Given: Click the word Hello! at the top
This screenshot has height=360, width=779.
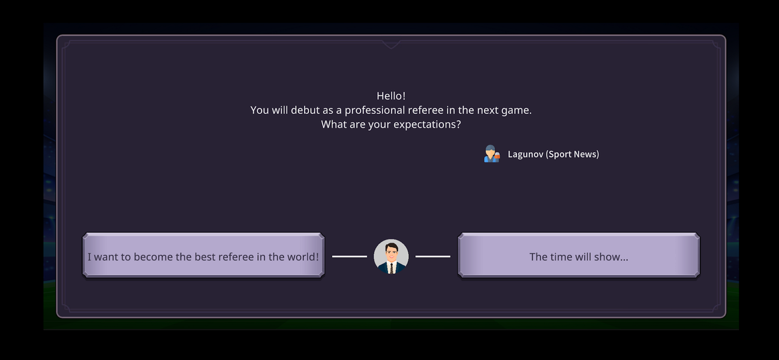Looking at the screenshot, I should [391, 96].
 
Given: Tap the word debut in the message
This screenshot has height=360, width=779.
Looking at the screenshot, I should [305, 110].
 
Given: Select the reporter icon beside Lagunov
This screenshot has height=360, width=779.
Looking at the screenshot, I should [491, 154].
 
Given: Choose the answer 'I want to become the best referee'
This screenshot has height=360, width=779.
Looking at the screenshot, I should [203, 257].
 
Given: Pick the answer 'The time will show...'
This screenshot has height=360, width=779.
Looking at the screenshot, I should [579, 257].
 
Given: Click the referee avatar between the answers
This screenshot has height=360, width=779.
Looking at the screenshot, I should [391, 257].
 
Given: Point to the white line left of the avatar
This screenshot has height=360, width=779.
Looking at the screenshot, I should [350, 257].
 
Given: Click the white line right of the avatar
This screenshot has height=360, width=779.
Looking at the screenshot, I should [432, 257].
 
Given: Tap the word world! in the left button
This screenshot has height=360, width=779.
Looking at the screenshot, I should [303, 257].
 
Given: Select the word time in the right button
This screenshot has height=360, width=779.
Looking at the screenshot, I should [561, 257].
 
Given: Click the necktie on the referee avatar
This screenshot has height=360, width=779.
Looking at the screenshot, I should [391, 268].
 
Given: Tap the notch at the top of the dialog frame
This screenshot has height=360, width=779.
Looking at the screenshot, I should [391, 44].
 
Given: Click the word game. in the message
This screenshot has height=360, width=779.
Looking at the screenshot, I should [516, 110].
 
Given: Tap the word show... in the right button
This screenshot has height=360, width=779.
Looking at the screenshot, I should [613, 257].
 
